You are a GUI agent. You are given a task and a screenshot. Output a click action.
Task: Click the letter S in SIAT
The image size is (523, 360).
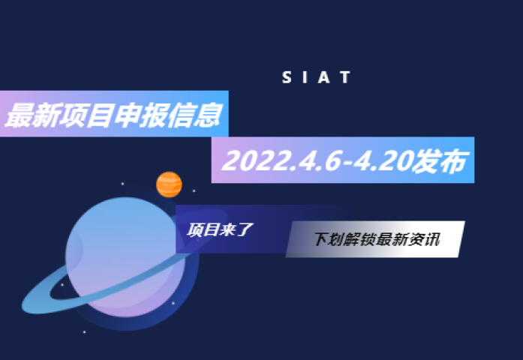[x=287, y=77]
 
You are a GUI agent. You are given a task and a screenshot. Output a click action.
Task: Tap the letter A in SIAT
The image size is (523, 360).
[x=324, y=77]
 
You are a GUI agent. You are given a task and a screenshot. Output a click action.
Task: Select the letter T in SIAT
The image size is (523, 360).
[x=345, y=77]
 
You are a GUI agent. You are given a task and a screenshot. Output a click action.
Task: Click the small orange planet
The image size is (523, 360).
[x=169, y=184]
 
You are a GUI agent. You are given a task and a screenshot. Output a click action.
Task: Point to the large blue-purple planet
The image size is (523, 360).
[x=125, y=256]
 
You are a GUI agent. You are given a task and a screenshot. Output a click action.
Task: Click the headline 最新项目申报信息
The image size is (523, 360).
[x=113, y=115]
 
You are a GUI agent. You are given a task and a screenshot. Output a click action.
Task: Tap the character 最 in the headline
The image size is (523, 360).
[x=20, y=115]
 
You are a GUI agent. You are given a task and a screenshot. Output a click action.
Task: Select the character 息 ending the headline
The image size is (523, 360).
[x=208, y=115]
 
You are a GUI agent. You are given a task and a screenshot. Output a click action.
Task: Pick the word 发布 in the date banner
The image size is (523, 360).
[x=440, y=161]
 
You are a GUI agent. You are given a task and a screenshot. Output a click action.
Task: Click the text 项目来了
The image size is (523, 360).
[x=220, y=229]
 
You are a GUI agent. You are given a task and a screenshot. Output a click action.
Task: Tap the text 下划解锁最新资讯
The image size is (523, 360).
[x=377, y=239]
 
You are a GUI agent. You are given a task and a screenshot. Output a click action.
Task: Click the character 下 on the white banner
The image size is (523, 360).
[x=321, y=239]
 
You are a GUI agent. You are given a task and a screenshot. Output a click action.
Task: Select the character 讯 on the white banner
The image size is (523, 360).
[x=433, y=239]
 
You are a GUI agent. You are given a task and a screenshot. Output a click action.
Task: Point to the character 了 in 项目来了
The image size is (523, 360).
[x=245, y=229]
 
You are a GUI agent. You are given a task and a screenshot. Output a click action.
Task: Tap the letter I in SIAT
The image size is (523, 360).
[x=305, y=77]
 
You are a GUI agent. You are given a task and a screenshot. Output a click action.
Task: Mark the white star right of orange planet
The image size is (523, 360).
[x=194, y=191]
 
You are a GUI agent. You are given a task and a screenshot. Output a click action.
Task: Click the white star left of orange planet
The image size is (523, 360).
[x=122, y=184]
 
